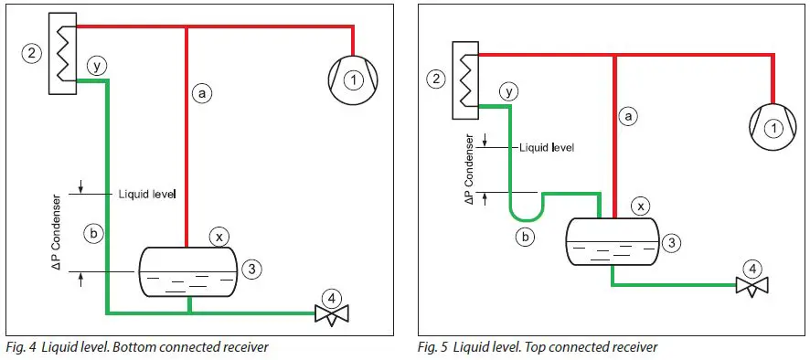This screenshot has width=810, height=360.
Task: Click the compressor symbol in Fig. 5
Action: [x=770, y=127]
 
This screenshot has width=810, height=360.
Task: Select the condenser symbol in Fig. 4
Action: [x=61, y=52]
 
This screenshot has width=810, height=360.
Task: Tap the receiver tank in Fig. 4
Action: [x=187, y=272]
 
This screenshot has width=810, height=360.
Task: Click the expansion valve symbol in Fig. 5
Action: [x=752, y=286]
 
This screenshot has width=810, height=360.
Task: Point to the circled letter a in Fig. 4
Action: [x=202, y=91]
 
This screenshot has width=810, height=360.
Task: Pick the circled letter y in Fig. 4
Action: [x=98, y=65]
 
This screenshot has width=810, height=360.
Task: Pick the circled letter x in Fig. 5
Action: [x=642, y=205]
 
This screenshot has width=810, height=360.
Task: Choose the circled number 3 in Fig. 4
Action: [x=254, y=269]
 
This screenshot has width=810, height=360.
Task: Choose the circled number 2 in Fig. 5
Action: [x=436, y=79]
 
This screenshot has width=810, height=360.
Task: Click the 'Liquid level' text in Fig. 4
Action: [x=146, y=194]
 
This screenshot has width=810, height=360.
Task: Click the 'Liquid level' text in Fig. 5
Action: [x=546, y=146]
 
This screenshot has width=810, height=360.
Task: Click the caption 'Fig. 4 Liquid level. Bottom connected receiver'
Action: [x=137, y=347]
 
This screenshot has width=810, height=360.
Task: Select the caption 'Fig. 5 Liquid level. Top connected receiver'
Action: [x=538, y=347]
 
